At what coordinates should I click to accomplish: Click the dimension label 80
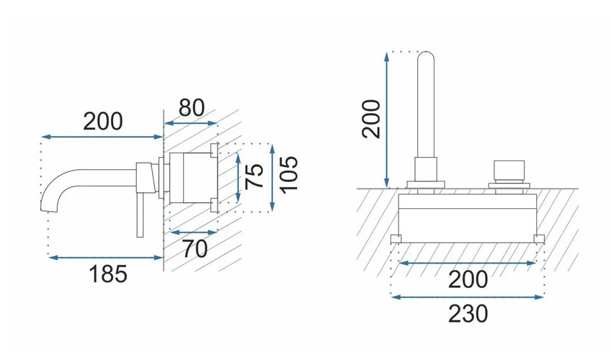pyautogui.click(x=192, y=108)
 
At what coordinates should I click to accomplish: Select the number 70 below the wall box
pyautogui.click(x=195, y=249)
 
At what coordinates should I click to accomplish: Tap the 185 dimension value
pyautogui.click(x=108, y=274)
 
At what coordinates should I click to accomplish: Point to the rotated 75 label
pyautogui.click(x=254, y=176)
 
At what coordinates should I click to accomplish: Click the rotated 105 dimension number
pyautogui.click(x=289, y=174)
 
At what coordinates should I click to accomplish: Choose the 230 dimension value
pyautogui.click(x=468, y=314)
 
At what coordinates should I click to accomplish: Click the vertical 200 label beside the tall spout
pyautogui.click(x=371, y=119)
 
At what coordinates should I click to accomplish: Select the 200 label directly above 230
pyautogui.click(x=468, y=279)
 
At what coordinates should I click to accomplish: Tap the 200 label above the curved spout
pyautogui.click(x=103, y=121)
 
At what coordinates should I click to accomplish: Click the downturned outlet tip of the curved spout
pyautogui.click(x=45, y=207)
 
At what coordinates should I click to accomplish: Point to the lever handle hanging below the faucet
pyautogui.click(x=141, y=215)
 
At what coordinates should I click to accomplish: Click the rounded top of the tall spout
pyautogui.click(x=426, y=55)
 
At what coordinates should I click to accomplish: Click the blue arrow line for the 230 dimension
pyautogui.click(x=468, y=297)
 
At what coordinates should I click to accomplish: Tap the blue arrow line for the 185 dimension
pyautogui.click(x=105, y=257)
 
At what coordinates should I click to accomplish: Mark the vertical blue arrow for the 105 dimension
pyautogui.click(x=272, y=177)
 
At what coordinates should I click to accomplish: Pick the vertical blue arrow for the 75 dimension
pyautogui.click(x=238, y=177)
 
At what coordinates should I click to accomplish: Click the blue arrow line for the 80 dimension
pyautogui.click(x=190, y=123)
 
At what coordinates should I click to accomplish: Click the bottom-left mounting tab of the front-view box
pyautogui.click(x=396, y=238)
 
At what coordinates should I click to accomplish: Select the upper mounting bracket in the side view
pyautogui.click(x=214, y=150)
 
